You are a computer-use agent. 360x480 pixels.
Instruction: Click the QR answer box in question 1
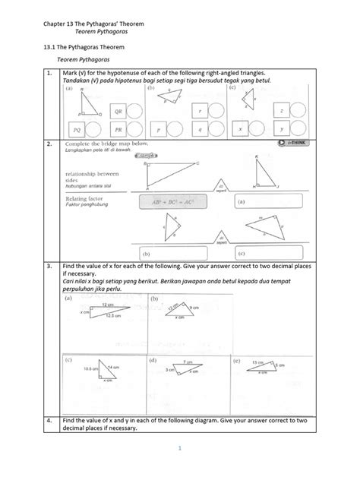coord(118,111)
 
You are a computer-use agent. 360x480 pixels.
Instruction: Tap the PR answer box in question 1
coord(118,129)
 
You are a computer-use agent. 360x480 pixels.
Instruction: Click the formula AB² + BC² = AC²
coord(175,203)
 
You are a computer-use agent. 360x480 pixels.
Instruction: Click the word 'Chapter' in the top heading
coord(54,25)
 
